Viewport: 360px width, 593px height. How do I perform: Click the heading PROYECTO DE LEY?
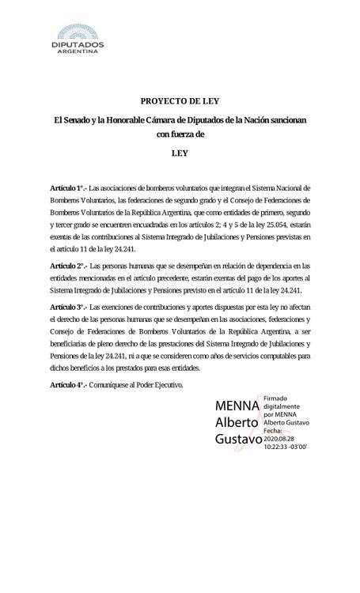179,101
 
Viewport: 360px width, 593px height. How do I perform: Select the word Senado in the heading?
84,119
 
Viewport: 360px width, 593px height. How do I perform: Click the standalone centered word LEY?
179,154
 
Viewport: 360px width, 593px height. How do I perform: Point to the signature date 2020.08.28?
282,437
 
